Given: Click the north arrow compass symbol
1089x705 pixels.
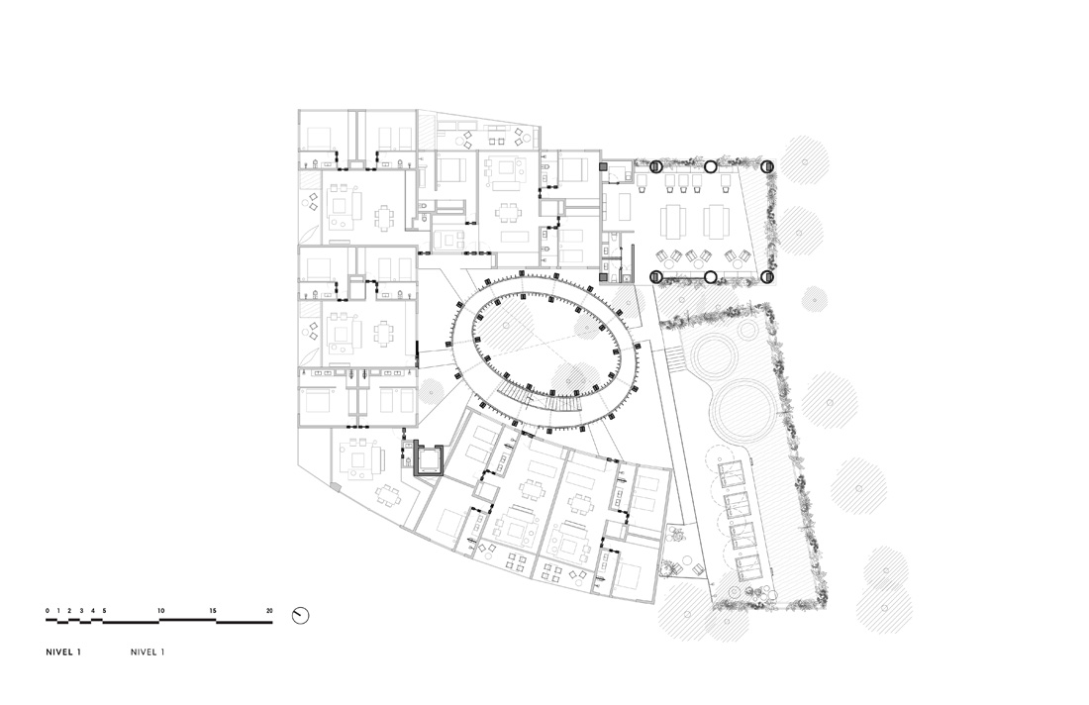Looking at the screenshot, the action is point(300,616).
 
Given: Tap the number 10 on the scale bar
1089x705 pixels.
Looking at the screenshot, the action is point(161,611).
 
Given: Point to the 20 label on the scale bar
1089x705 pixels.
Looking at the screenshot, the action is point(269,611).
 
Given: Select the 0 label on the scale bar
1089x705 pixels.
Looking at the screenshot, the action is point(48,611).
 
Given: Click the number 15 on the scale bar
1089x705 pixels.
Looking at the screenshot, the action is point(213,611).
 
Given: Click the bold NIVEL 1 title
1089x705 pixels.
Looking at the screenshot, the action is point(63,653).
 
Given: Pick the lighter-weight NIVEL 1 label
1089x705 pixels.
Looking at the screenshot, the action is point(148,653).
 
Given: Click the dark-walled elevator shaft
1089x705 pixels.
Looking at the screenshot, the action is point(429,458).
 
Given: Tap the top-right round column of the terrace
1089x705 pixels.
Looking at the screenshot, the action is point(766,166).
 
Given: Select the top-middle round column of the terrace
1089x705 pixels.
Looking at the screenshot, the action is point(711,166).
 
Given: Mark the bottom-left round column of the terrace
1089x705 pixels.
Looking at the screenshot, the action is point(655,277).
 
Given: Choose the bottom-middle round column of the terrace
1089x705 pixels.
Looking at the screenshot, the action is point(711,277).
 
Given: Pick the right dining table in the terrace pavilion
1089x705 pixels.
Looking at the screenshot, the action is point(716,222).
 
